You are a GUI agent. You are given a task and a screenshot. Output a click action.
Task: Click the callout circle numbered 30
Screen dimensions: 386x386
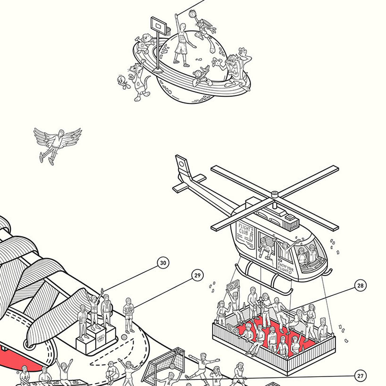click(163, 263)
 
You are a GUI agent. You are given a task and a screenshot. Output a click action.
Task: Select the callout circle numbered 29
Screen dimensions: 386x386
click(197, 276)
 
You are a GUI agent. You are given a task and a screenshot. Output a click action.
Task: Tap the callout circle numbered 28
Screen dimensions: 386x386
click(361, 285)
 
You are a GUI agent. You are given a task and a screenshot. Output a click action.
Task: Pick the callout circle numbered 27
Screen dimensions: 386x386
click(361, 376)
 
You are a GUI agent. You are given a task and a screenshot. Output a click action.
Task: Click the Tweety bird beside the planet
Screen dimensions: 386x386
click(124, 81)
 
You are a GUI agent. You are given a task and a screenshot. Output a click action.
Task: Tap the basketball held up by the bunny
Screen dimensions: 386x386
click(193, 13)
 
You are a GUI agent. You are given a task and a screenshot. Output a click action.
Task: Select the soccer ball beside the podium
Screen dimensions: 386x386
click(124, 338)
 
